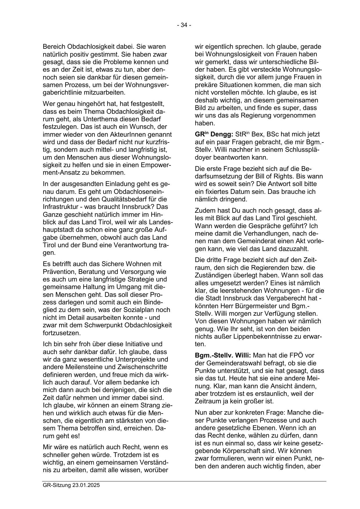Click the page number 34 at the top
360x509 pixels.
[184, 25]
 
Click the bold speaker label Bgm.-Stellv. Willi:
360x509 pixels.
[223, 355]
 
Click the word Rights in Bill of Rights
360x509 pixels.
[286, 176]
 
